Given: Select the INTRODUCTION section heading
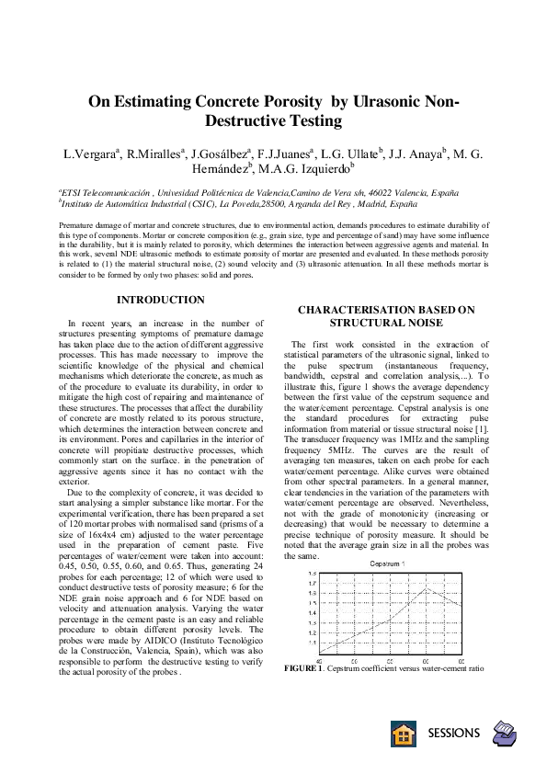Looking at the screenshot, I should (161, 300).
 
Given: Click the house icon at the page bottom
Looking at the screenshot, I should (403, 733).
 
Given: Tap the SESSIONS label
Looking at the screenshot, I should (454, 733).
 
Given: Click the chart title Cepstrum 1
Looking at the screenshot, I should (388, 563).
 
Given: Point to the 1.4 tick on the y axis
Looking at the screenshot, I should (312, 613).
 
